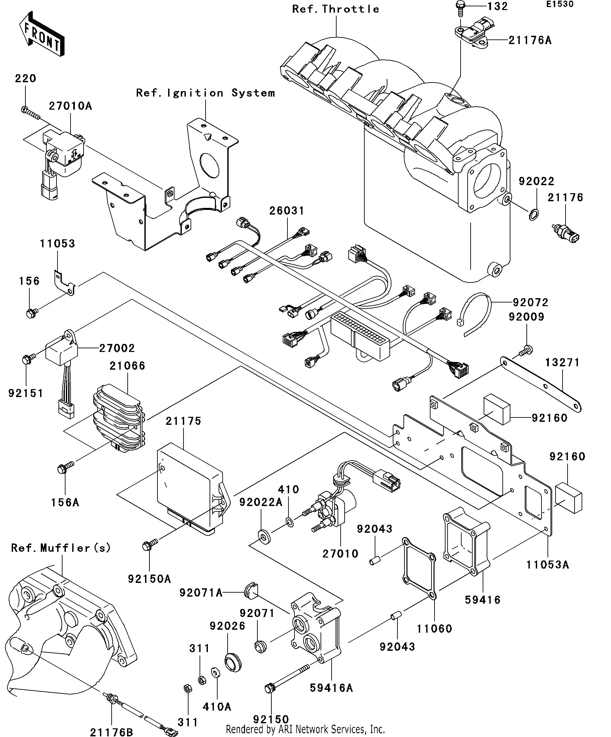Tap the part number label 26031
pyautogui.click(x=287, y=211)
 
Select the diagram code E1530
pyautogui.click(x=560, y=5)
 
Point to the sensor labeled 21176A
pyautogui.click(x=476, y=32)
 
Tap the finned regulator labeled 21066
pyautogui.click(x=119, y=418)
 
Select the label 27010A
pyautogui.click(x=70, y=106)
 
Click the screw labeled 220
pyautogui.click(x=30, y=112)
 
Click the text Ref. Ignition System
pyautogui.click(x=205, y=93)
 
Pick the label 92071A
pyautogui.click(x=201, y=593)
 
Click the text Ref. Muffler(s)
pyautogui.click(x=61, y=548)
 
